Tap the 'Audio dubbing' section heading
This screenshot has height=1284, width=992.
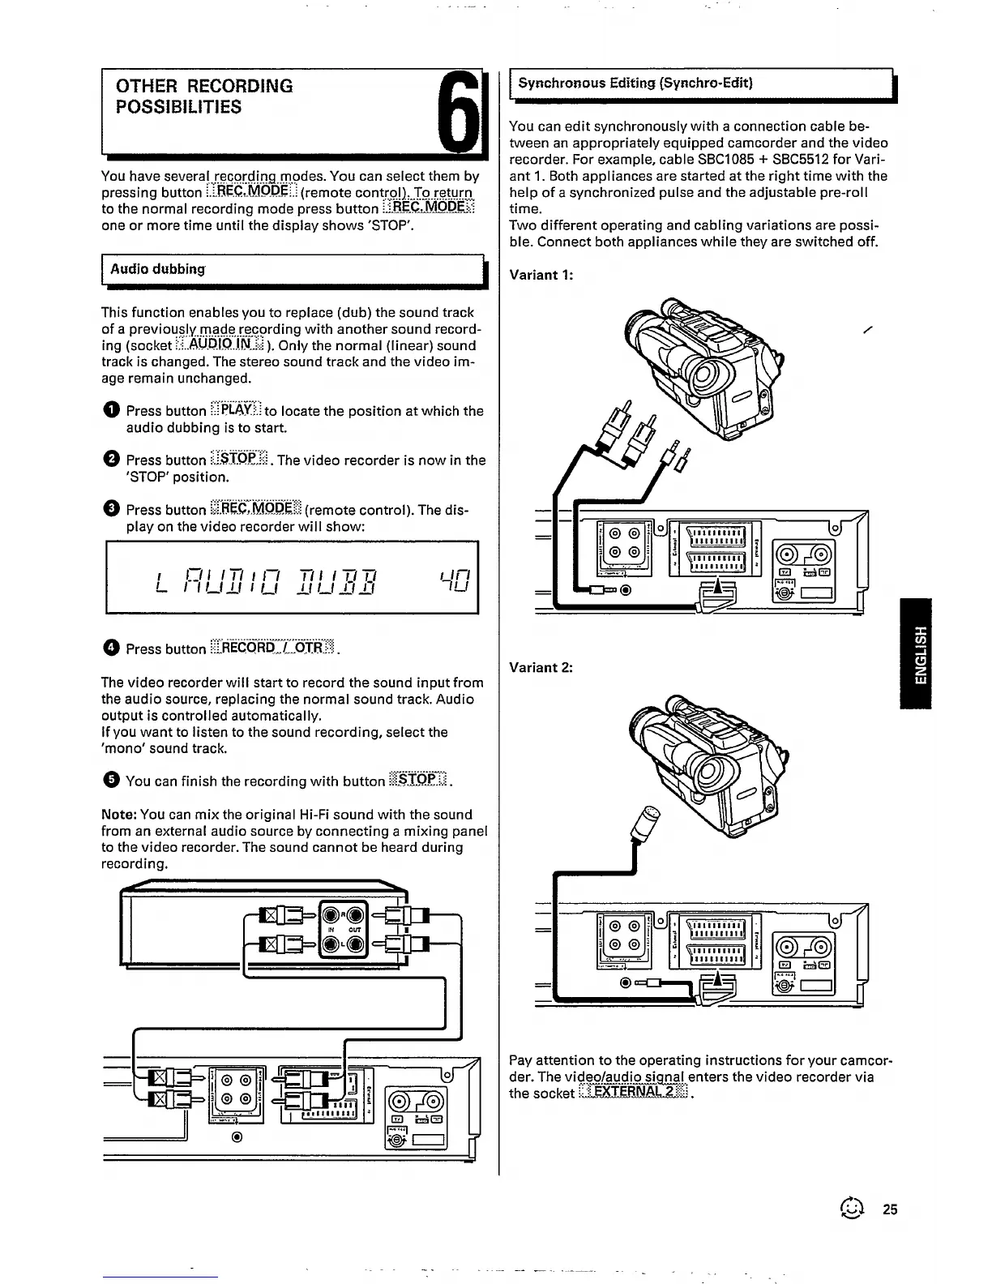[x=157, y=269]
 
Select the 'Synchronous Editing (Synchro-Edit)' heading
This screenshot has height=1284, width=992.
[x=635, y=83]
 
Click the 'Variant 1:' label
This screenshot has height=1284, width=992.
[x=541, y=275]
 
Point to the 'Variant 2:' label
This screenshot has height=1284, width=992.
[x=541, y=668]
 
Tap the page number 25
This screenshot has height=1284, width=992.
[x=891, y=1209]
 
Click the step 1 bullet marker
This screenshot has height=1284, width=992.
[x=110, y=411]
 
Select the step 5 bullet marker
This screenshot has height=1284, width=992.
[x=110, y=781]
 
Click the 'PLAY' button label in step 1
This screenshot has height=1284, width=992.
[x=234, y=409]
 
